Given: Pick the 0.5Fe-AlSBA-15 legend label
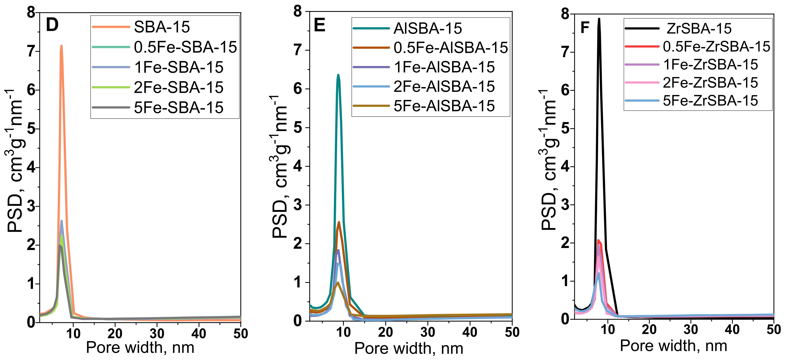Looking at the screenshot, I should click(x=450, y=48).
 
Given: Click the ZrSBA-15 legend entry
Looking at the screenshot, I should click(x=699, y=29).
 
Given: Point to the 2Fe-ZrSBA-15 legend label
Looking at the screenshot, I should click(x=710, y=83).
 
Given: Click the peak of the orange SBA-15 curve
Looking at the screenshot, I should click(x=61, y=46).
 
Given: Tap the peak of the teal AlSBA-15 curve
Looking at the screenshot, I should click(x=338, y=75).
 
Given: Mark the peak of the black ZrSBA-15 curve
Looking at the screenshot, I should click(x=599, y=19).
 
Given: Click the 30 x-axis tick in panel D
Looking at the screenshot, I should click(x=157, y=334).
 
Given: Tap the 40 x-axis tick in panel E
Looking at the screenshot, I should click(x=470, y=332).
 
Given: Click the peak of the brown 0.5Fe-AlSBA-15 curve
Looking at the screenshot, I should click(x=339, y=222).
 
